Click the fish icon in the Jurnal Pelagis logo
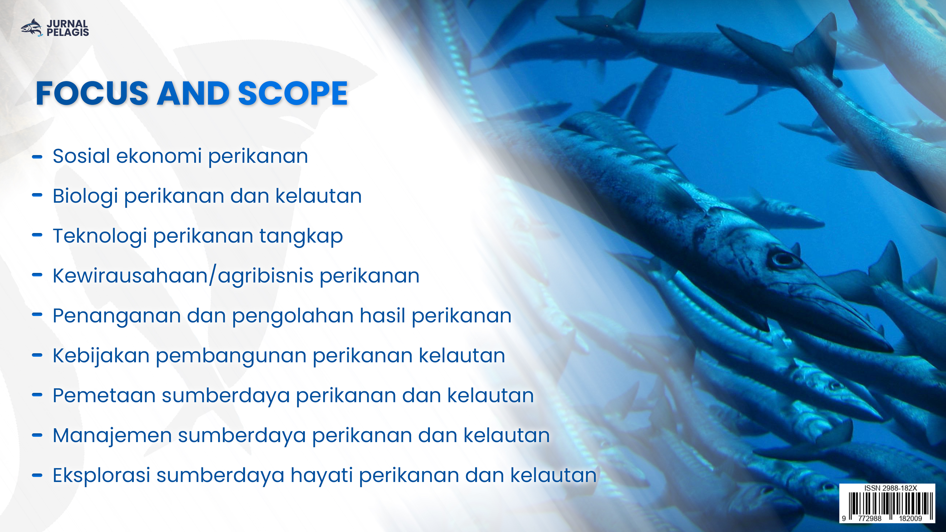point(32,28)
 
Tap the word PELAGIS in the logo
point(68,33)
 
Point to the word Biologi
point(85,196)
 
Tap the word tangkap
point(301,236)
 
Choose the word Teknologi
point(100,236)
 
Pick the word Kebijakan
point(101,356)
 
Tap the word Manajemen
point(112,436)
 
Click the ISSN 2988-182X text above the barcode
point(891,488)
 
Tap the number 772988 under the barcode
point(870,518)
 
